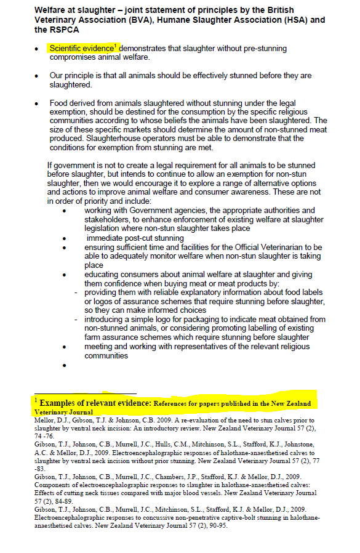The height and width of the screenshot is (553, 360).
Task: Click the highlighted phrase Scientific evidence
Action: pos(81,48)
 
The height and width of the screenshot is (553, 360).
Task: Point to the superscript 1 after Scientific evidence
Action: pos(116,46)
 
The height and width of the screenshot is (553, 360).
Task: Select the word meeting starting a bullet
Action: pos(102,347)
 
